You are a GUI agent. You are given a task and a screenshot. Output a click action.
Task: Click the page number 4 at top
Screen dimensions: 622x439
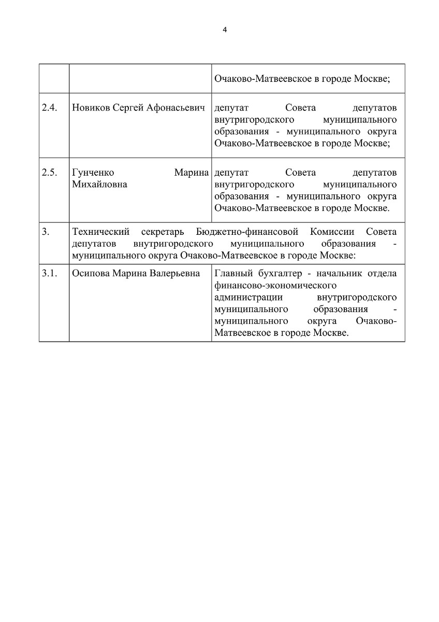[x=225, y=30]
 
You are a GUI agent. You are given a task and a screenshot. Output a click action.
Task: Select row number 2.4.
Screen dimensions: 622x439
[x=49, y=108]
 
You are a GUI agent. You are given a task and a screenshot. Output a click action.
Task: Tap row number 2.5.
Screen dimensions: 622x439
[x=49, y=172]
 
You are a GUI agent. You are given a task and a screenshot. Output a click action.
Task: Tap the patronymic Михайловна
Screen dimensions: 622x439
[x=100, y=185]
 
